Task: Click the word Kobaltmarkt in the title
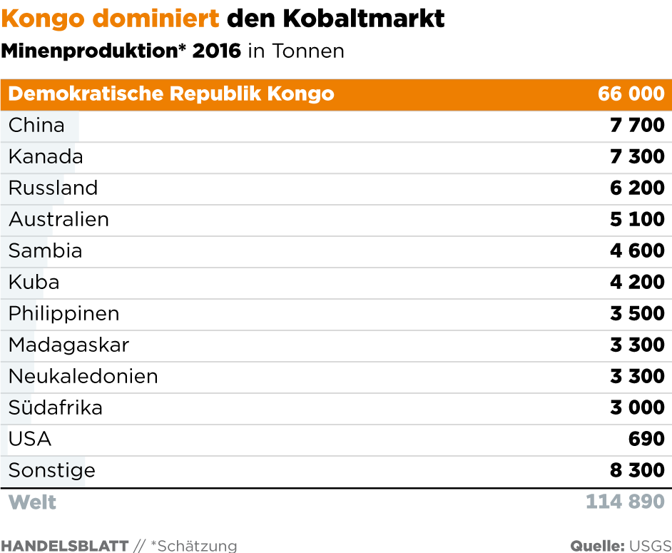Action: (364, 19)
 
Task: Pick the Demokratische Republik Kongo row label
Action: (171, 94)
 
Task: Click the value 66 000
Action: (631, 94)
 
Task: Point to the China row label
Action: (36, 126)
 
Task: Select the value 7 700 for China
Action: (637, 126)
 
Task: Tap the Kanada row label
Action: (46, 157)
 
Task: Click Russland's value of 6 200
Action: (637, 188)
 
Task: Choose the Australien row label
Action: (58, 220)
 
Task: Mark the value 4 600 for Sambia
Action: (637, 251)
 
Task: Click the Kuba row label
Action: (34, 283)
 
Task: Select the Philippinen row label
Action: (63, 314)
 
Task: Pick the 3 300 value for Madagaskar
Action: (637, 345)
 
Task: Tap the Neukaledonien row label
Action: (83, 377)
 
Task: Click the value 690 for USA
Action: (646, 440)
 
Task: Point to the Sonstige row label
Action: (51, 471)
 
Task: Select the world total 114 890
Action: (625, 502)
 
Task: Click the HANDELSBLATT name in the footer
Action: (64, 546)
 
